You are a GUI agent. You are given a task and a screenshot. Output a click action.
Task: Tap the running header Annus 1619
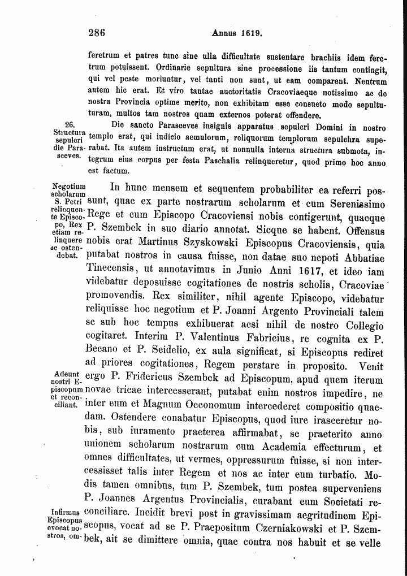(x=236, y=33)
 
